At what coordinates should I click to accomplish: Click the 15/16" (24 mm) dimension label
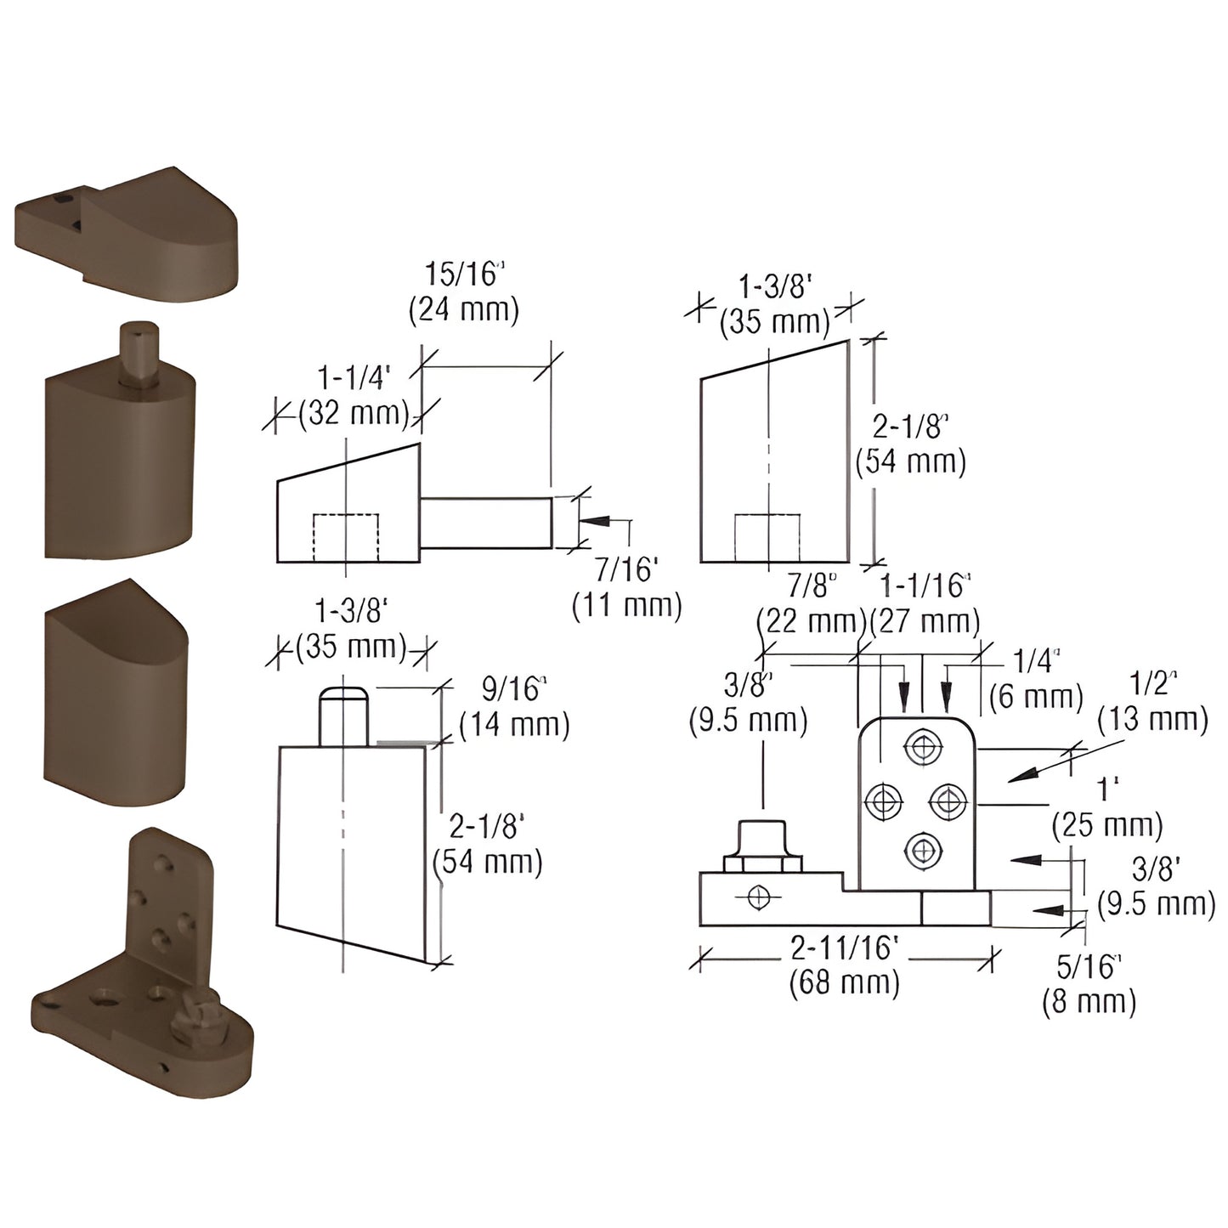click(x=464, y=292)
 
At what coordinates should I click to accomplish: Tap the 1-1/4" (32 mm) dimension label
click(x=352, y=396)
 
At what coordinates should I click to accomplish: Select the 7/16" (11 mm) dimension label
click(x=627, y=587)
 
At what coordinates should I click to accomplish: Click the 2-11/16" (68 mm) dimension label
click(x=844, y=965)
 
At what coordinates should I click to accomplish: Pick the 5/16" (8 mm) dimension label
click(x=1089, y=983)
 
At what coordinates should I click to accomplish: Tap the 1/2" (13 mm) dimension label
click(x=1152, y=702)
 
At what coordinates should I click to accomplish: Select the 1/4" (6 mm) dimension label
click(x=1036, y=680)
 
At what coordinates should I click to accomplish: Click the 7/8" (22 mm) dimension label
click(x=811, y=603)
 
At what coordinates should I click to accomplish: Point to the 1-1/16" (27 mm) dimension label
click(x=925, y=603)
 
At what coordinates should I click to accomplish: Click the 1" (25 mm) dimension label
click(x=1106, y=807)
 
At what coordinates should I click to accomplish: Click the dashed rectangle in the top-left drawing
click(x=346, y=537)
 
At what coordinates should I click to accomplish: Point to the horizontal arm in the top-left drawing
click(x=486, y=523)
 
